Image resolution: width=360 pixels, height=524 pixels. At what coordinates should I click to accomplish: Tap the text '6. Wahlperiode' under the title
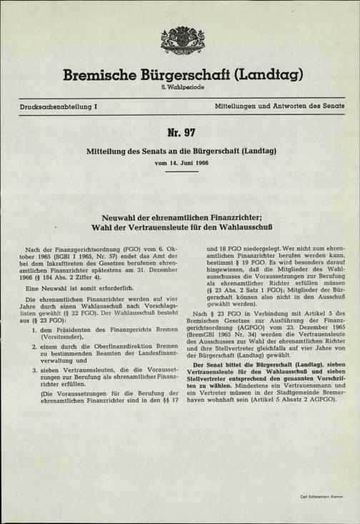coord(180,87)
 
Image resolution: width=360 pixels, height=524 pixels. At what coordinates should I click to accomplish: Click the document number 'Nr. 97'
coord(180,133)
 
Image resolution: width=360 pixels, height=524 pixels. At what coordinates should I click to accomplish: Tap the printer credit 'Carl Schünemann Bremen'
coord(321,495)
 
